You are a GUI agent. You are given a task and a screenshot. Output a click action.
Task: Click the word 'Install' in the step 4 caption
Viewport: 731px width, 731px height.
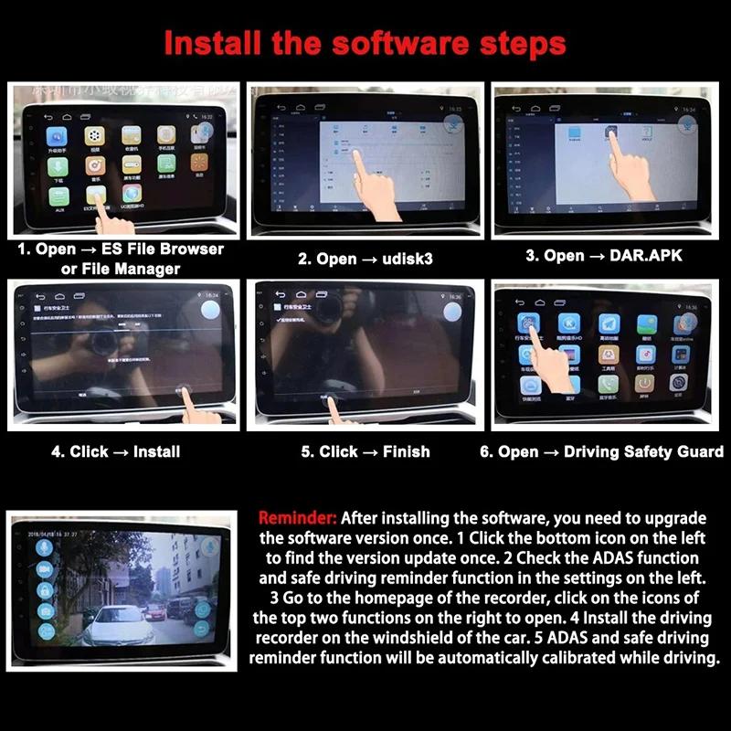click(x=156, y=451)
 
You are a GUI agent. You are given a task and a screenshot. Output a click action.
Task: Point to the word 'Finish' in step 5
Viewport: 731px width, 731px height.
click(x=406, y=451)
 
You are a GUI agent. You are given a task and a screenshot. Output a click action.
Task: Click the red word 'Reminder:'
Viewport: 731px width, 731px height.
click(x=298, y=517)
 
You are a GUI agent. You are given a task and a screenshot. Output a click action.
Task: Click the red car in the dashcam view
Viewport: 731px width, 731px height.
click(x=156, y=609)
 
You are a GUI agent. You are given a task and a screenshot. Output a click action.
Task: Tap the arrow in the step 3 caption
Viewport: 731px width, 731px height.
click(x=591, y=256)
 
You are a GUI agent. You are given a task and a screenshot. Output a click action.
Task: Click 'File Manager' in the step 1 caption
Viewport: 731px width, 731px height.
click(x=121, y=269)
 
